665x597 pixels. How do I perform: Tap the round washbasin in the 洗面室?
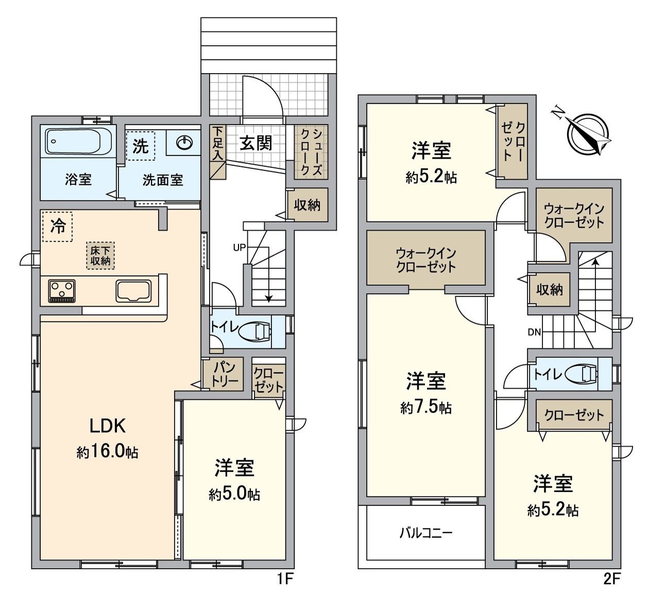tap(184, 143)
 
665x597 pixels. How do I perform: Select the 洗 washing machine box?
tap(141, 146)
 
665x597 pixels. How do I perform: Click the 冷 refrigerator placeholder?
tap(58, 227)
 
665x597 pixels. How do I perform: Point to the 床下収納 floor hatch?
tap(100, 255)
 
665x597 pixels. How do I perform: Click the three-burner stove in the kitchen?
tap(62, 291)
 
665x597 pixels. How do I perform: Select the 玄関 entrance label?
tap(255, 143)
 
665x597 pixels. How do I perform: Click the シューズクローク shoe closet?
tap(311, 152)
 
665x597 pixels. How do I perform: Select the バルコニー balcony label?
tap(426, 533)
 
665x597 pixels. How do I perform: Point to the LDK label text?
tap(108, 426)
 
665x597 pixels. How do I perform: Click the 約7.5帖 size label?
tap(426, 408)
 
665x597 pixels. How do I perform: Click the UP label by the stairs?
tap(240, 247)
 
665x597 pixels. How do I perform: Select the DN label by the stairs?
tap(534, 332)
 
